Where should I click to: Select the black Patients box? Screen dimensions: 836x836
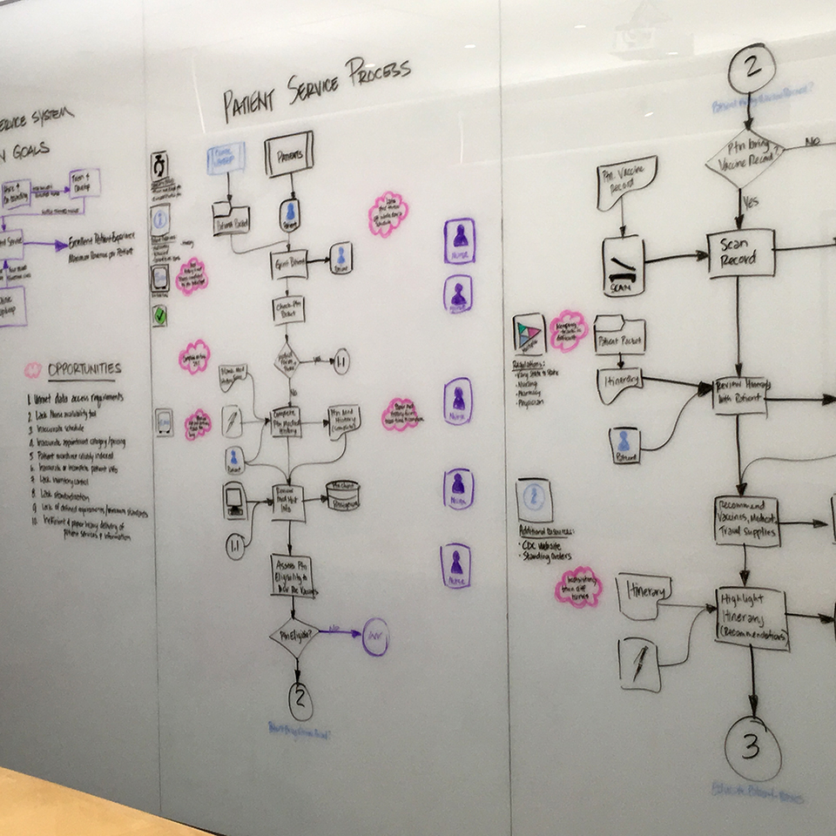point(288,154)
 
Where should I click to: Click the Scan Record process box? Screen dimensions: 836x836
point(740,253)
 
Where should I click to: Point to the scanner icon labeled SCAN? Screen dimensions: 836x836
point(623,265)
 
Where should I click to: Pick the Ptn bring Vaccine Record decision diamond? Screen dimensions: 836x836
point(745,157)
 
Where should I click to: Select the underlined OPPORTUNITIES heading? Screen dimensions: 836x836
point(84,369)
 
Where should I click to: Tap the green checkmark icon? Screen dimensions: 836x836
point(159,315)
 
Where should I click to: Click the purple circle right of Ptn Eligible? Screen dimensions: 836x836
point(375,637)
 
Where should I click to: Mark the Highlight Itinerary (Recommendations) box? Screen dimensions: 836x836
point(751,617)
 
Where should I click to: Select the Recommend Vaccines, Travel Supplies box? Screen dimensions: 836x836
point(746,520)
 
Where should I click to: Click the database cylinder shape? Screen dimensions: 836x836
point(343,495)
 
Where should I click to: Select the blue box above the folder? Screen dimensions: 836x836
point(226,159)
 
